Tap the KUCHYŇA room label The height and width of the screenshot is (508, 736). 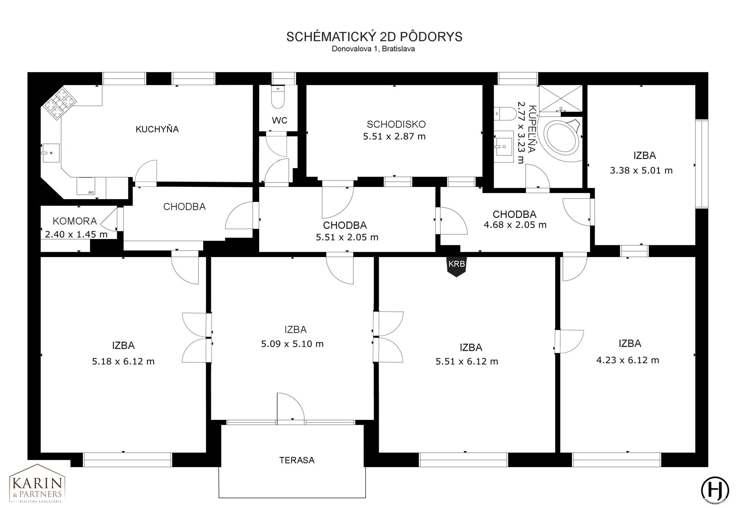(x=157, y=129)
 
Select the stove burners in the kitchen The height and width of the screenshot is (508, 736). (x=58, y=103)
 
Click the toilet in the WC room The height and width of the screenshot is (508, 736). (x=278, y=97)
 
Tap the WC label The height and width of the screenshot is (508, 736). (x=279, y=120)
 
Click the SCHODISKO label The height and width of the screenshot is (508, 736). (x=396, y=124)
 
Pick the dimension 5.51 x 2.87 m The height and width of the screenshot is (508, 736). (x=394, y=136)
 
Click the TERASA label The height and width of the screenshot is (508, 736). (x=297, y=460)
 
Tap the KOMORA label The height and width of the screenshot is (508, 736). (x=74, y=221)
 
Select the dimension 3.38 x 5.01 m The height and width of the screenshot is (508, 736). (x=641, y=170)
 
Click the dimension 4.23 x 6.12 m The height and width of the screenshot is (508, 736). (x=628, y=360)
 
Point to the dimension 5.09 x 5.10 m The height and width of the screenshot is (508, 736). (x=292, y=344)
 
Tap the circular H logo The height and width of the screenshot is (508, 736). (x=715, y=490)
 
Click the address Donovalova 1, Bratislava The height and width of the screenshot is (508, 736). (x=373, y=49)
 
